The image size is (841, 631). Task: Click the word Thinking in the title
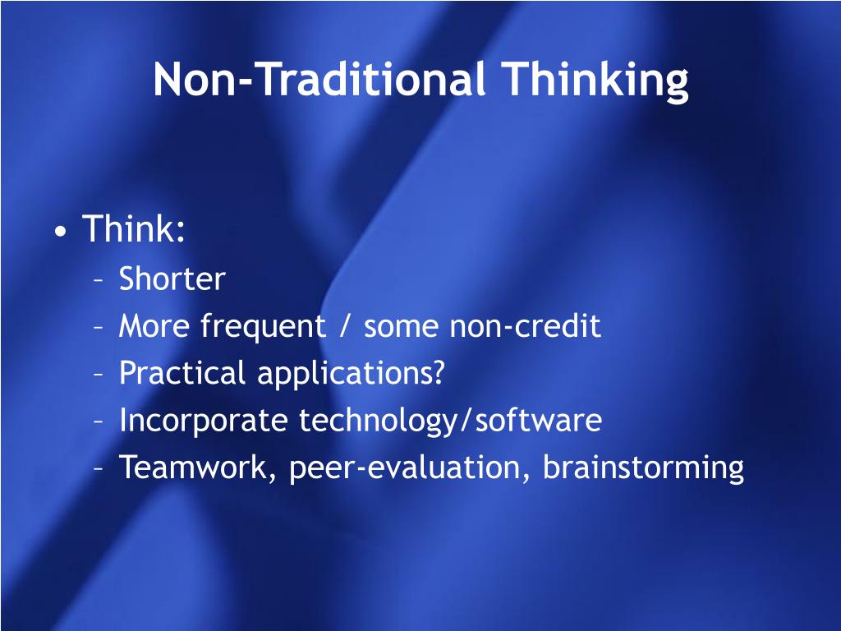click(x=595, y=81)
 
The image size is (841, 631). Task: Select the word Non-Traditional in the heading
click(x=319, y=79)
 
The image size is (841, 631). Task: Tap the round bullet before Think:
click(x=61, y=231)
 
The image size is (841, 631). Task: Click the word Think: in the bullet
click(x=134, y=228)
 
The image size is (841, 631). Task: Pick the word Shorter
click(x=172, y=279)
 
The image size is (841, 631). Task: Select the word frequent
click(x=263, y=327)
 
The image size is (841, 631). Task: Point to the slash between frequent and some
click(x=345, y=327)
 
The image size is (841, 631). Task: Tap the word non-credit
click(x=526, y=325)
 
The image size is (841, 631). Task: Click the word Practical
click(x=182, y=373)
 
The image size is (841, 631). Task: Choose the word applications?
click(x=351, y=374)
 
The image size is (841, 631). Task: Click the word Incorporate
click(x=204, y=421)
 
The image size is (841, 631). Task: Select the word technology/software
click(x=451, y=421)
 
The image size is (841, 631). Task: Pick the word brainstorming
click(x=644, y=468)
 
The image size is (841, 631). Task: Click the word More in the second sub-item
click(x=154, y=326)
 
